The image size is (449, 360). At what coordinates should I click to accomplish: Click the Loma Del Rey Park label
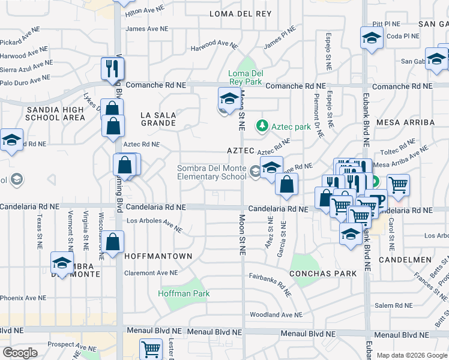[246, 77]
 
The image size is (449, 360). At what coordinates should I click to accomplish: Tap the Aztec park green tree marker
[262, 126]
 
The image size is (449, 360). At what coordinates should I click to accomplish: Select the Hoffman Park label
[184, 294]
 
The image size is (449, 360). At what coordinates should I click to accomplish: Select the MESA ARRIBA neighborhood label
[405, 122]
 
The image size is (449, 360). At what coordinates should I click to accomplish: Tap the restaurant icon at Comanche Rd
[111, 69]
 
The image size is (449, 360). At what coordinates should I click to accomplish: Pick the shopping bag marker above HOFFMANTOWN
[113, 243]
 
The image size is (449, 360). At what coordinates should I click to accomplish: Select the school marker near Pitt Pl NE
[372, 39]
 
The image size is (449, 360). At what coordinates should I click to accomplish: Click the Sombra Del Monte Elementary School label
[211, 172]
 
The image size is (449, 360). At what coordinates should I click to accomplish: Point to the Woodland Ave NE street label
[276, 315]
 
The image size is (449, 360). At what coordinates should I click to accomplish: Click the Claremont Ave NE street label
[151, 273]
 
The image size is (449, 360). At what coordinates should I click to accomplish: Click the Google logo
[20, 353]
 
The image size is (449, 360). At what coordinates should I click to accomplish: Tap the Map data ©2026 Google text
[411, 355]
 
